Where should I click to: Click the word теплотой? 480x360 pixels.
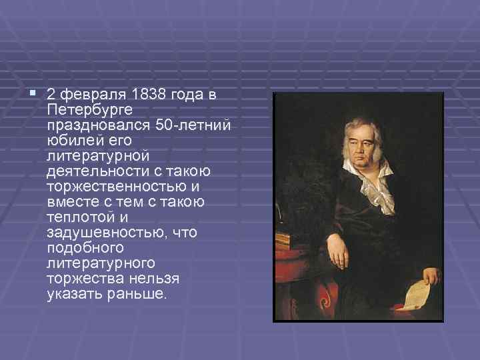click(x=76, y=217)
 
